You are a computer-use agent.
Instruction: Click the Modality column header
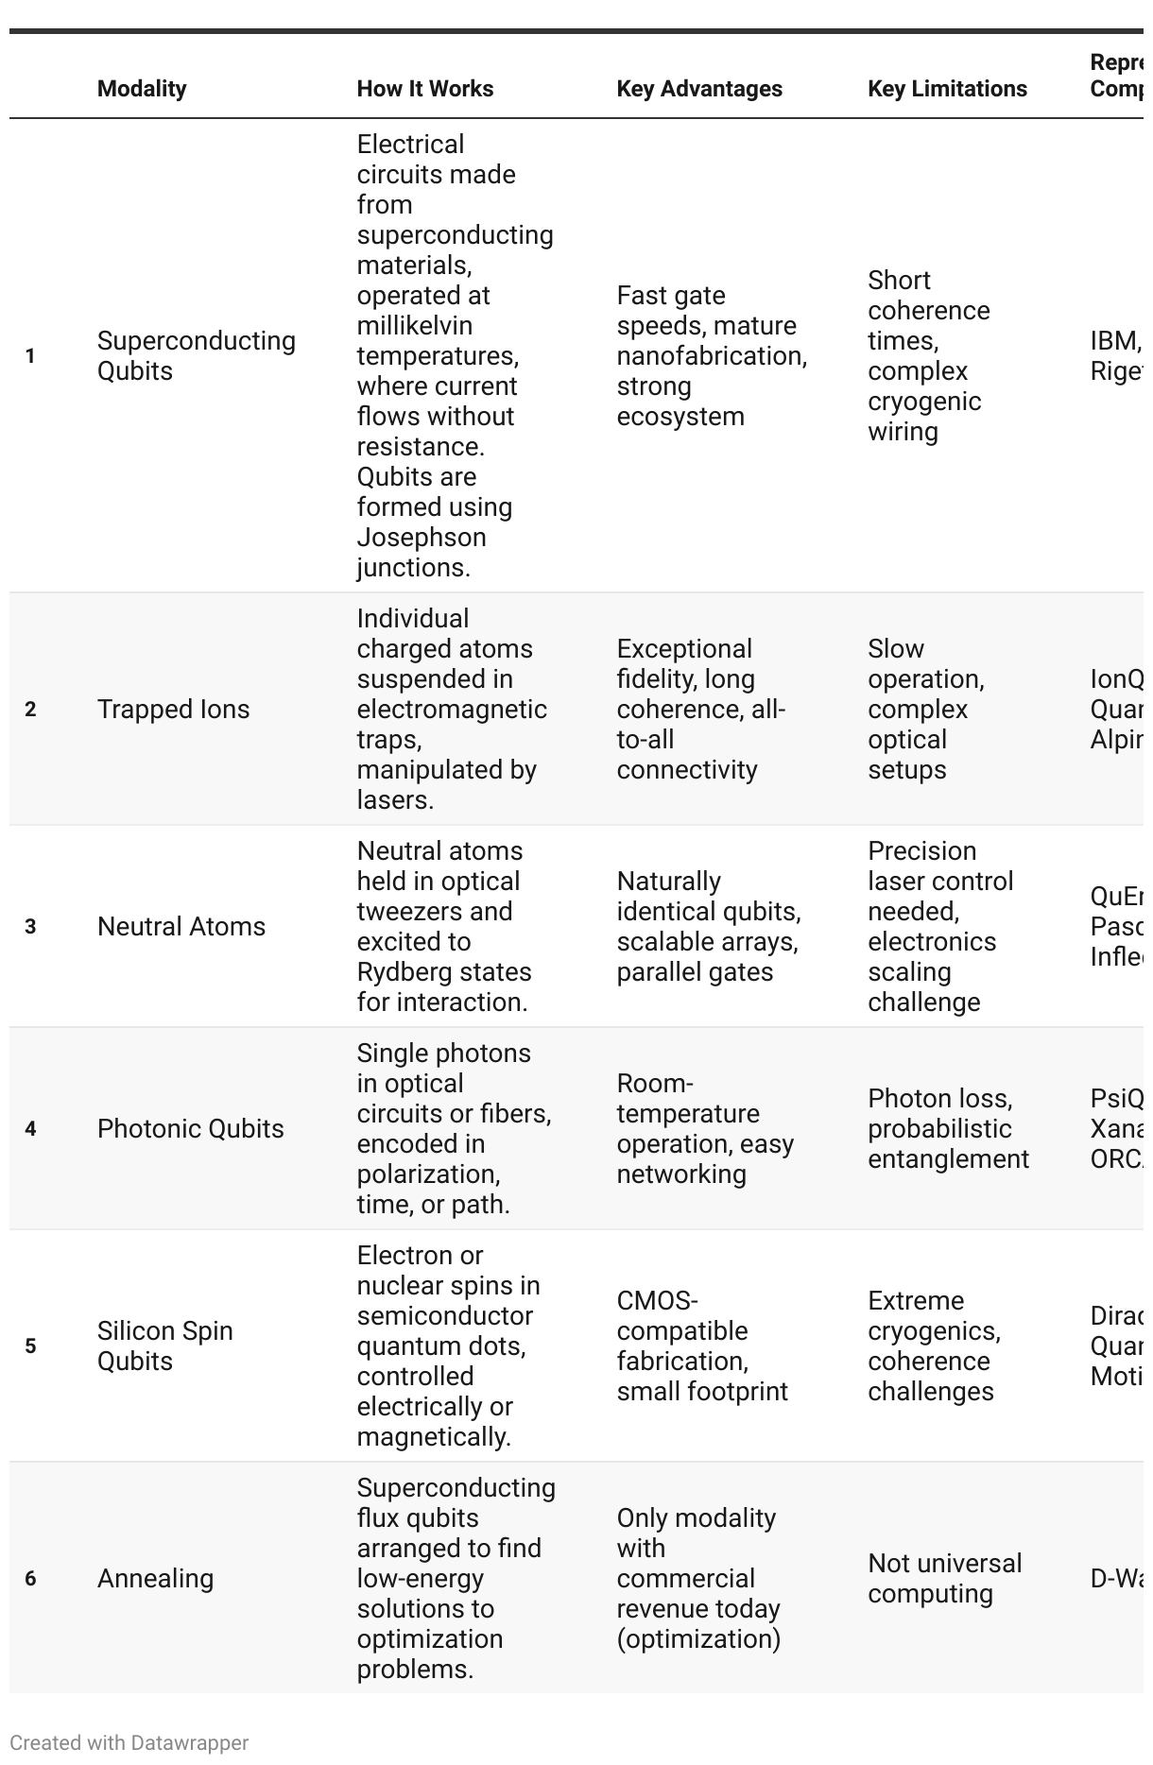click(142, 89)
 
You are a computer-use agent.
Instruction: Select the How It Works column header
click(425, 89)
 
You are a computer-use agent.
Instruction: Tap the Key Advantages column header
click(699, 89)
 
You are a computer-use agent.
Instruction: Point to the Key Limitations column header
click(947, 89)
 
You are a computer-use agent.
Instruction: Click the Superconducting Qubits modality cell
click(196, 356)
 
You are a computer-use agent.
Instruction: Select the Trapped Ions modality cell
click(173, 710)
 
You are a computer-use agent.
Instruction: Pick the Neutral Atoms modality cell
click(181, 927)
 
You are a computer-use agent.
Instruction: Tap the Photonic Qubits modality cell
click(190, 1129)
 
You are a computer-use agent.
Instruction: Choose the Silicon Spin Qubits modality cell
click(164, 1346)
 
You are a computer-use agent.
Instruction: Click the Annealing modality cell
click(155, 1579)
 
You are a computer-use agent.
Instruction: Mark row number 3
click(30, 927)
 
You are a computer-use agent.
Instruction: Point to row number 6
click(30, 1579)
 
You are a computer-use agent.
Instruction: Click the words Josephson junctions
click(422, 553)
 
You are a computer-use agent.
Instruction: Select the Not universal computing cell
click(944, 1579)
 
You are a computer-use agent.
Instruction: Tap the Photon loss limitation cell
click(947, 1129)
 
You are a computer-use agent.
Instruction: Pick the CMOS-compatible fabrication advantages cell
click(701, 1346)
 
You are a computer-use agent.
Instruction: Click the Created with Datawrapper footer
click(129, 1743)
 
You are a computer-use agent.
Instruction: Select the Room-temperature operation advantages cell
click(704, 1129)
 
